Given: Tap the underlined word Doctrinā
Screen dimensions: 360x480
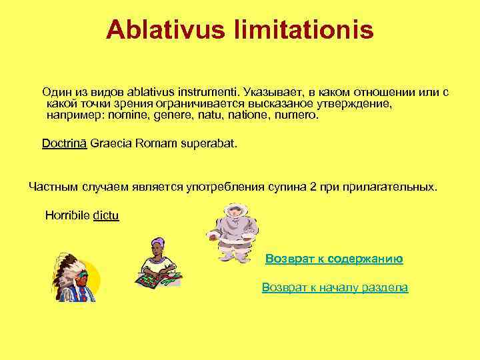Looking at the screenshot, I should (64, 143).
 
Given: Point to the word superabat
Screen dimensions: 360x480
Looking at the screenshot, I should (206, 143).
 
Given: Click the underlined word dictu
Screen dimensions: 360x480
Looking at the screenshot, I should (106, 216).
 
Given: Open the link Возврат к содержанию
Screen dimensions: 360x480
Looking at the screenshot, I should (334, 258).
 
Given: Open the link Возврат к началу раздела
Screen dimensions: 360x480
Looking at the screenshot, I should (335, 287).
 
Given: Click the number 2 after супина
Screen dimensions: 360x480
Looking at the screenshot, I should (313, 187).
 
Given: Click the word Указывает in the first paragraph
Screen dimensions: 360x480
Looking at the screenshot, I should (269, 91).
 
